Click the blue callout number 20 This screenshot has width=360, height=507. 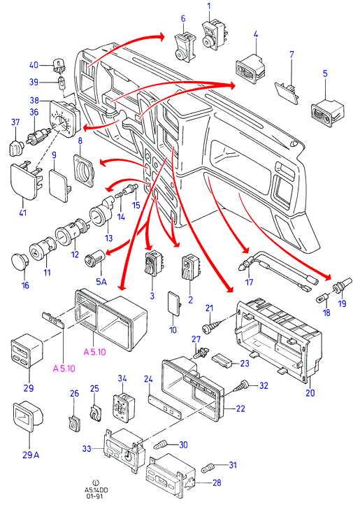310,393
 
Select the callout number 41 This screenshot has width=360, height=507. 23,213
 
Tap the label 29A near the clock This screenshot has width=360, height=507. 31,455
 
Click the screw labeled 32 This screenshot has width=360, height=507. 243,386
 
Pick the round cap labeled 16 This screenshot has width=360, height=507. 20,262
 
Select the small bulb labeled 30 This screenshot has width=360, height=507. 162,445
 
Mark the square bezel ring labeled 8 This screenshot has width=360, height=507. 85,171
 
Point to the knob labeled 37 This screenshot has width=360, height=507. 16,148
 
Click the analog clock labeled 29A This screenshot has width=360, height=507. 28,417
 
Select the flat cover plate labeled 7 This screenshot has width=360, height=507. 287,93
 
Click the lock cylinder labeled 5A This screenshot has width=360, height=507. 94,259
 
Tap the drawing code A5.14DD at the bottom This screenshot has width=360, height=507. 95,490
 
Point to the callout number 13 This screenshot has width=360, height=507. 109,238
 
